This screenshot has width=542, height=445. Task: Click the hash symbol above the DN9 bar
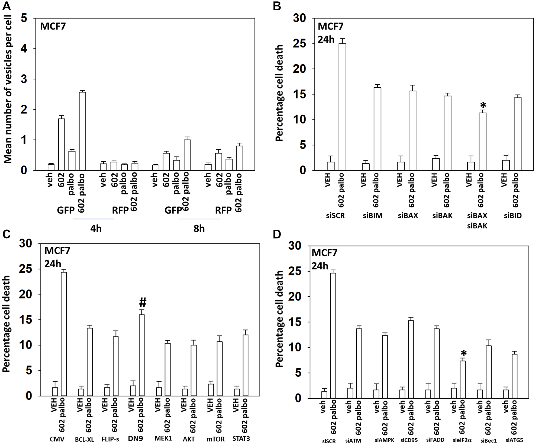143,302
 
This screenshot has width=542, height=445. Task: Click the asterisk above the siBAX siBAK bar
483,105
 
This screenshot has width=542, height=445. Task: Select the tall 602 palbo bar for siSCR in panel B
342,107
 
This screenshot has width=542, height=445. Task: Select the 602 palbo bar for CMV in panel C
64,334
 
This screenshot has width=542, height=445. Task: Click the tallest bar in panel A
82,131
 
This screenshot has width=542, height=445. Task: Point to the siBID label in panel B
513,216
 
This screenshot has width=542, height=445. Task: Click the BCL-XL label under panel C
84,439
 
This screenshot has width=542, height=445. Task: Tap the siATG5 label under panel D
514,440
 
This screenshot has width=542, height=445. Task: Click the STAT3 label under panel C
241,438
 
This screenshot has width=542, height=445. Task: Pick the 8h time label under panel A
199,229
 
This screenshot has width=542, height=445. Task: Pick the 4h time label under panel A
96,229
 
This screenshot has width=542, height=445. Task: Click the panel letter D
277,234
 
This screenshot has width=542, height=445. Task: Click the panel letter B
277,6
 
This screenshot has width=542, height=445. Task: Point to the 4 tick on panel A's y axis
24,49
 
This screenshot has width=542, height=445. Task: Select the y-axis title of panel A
8,89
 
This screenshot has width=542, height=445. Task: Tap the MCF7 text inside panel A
53,26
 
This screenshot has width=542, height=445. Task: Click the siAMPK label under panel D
384,440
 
